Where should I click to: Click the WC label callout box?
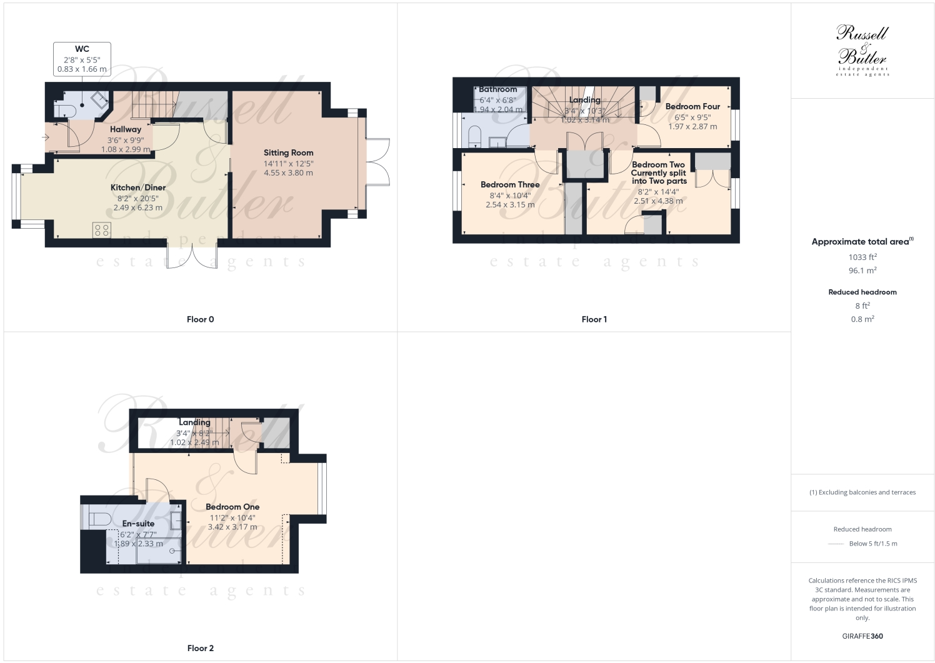click(x=82, y=59)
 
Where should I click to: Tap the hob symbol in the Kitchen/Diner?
click(x=102, y=230)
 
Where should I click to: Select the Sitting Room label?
click(x=288, y=152)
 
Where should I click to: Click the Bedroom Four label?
click(x=692, y=107)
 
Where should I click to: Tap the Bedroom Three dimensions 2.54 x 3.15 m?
click(x=510, y=205)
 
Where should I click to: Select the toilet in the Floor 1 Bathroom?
click(x=474, y=136)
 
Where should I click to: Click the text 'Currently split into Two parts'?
click(x=659, y=177)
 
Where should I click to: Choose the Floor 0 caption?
click(x=200, y=319)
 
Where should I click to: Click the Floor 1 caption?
click(x=594, y=319)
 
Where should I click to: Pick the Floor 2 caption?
click(x=200, y=648)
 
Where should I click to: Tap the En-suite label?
click(x=138, y=524)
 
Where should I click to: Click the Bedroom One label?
click(x=232, y=507)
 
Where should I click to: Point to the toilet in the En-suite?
click(x=99, y=519)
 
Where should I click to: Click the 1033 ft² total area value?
click(x=862, y=257)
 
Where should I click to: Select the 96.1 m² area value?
click(x=862, y=271)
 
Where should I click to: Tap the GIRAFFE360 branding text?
click(x=862, y=636)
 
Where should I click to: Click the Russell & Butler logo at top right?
click(x=862, y=50)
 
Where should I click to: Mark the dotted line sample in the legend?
click(x=836, y=544)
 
